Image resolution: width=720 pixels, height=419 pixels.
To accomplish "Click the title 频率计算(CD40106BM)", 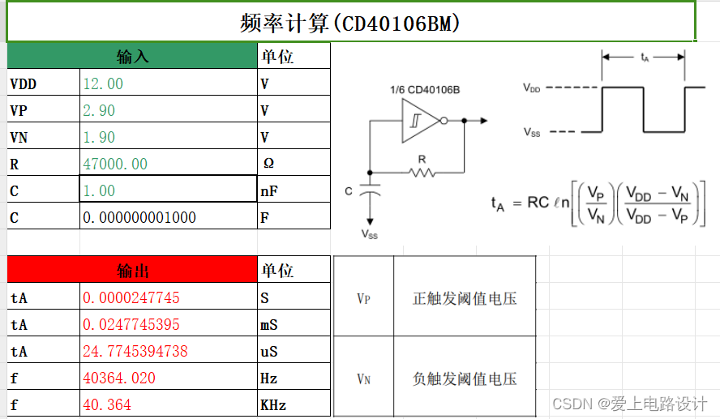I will click(350, 23).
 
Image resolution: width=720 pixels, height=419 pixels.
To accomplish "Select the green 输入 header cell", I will click(133, 57).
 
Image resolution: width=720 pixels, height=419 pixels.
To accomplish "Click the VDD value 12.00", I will click(103, 83).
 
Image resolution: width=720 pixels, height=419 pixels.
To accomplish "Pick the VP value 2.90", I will click(99, 110).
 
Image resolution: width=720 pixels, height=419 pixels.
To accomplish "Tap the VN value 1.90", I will click(99, 137).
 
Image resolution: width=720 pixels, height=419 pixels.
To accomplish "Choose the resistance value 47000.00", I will click(115, 164).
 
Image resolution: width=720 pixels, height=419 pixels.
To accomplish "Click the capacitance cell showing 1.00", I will click(99, 190).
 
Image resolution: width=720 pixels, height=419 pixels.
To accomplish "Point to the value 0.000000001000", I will click(139, 217).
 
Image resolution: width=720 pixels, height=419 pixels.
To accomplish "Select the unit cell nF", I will click(270, 190).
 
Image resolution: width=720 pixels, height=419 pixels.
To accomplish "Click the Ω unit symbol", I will click(269, 164).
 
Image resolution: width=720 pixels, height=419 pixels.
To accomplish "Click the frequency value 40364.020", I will click(120, 378).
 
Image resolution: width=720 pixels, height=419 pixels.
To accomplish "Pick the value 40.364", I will click(107, 404).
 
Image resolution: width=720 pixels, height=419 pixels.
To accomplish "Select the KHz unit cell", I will click(273, 404).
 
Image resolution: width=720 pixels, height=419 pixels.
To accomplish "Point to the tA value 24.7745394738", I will click(135, 351).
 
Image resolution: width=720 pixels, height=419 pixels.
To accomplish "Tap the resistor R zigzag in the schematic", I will click(422, 171).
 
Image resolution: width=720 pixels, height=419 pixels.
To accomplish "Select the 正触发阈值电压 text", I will click(465, 298).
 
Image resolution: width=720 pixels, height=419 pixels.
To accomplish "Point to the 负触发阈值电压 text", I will click(465, 378).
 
